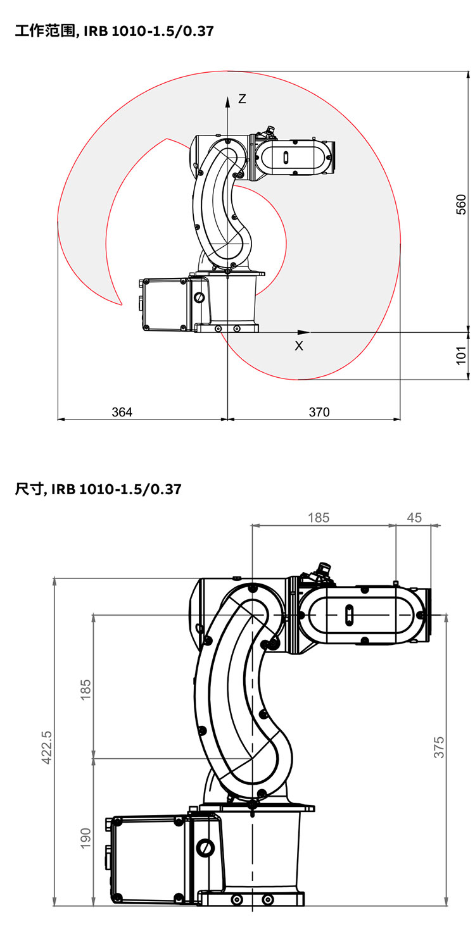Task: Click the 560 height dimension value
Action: click(462, 204)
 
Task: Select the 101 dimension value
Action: click(462, 354)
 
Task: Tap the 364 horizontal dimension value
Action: click(122, 412)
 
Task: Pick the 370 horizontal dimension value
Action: click(319, 412)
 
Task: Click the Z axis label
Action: click(242, 99)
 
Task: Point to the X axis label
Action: click(299, 346)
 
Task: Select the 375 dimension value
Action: click(439, 747)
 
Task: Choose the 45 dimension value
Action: click(414, 517)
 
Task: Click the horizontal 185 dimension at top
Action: click(319, 517)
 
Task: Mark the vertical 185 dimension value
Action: click(85, 689)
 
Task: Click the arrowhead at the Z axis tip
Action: click(227, 100)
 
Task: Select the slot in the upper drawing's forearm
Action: click(286, 157)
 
